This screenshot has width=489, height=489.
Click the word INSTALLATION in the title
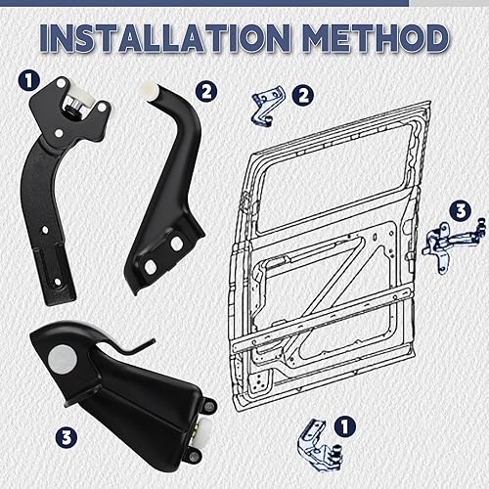(165, 38)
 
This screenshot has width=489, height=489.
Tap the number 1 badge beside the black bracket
(29, 80)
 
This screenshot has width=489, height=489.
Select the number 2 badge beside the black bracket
(206, 92)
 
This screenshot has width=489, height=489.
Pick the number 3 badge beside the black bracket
(67, 437)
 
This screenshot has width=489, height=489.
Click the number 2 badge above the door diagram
(303, 96)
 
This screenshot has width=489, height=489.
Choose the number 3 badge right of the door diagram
(461, 211)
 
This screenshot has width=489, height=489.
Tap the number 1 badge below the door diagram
(344, 426)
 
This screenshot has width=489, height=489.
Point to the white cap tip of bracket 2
(149, 89)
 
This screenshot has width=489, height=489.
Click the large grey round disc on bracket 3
(63, 359)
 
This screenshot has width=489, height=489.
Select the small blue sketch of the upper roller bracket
(267, 106)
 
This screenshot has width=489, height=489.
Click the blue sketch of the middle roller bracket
(453, 245)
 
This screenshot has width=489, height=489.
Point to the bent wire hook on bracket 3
(134, 347)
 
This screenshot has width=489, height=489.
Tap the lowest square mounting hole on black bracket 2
(150, 267)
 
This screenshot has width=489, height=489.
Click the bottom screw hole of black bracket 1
(58, 282)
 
